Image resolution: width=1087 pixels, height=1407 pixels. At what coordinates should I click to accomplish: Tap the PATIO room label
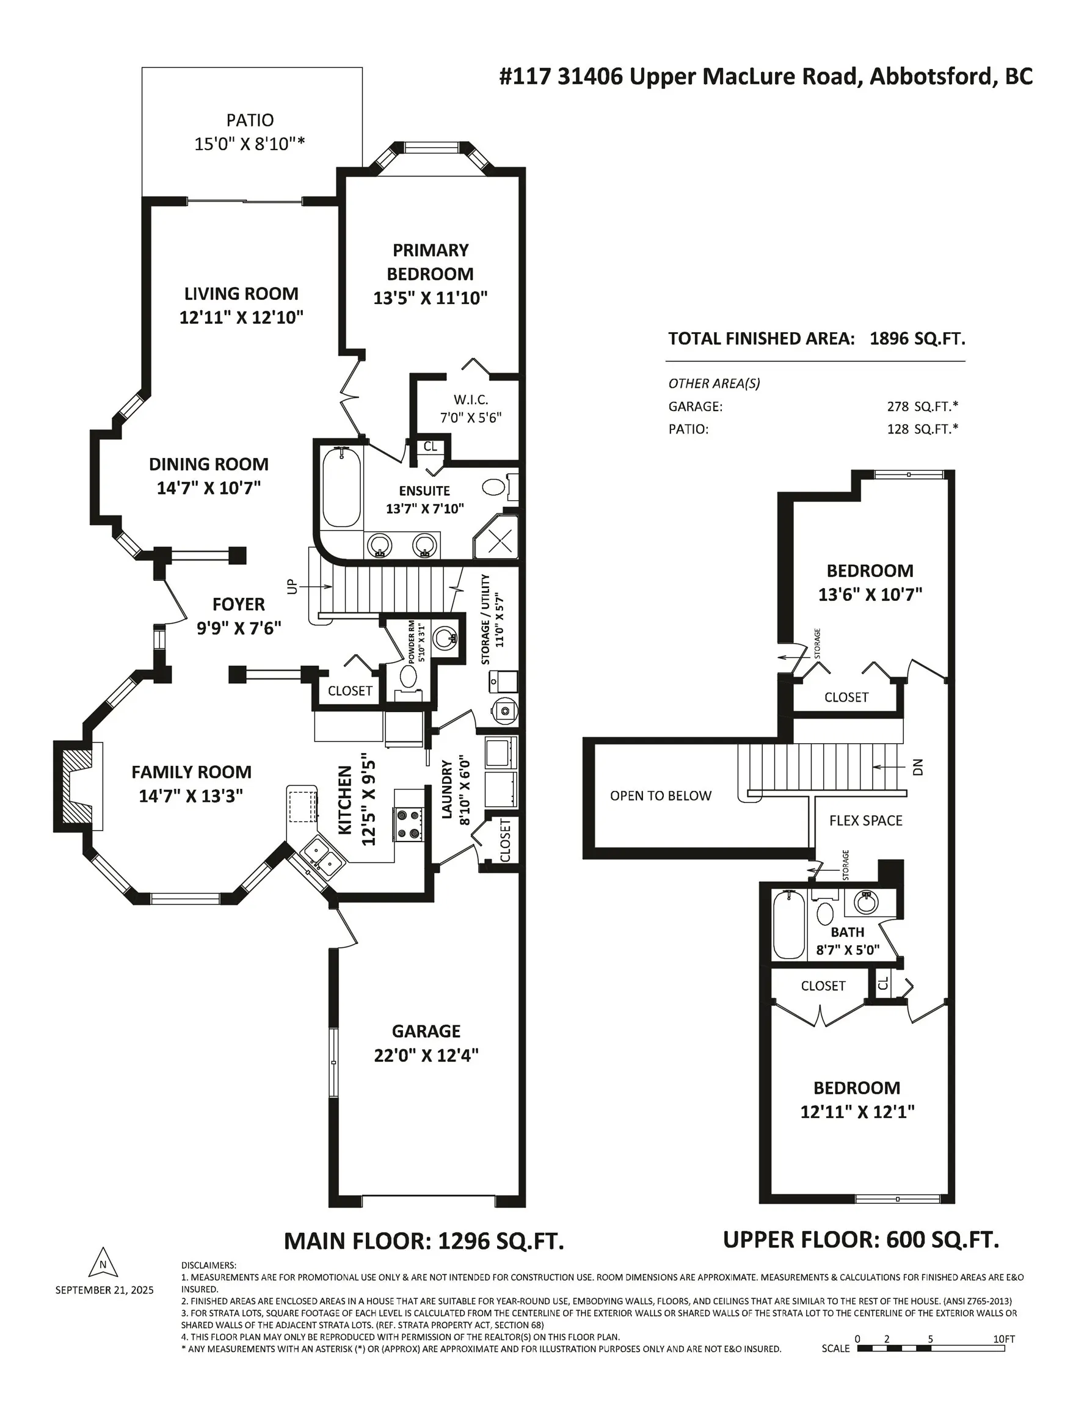pyautogui.click(x=250, y=120)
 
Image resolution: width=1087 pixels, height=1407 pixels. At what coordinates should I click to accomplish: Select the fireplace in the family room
pyautogui.click(x=78, y=786)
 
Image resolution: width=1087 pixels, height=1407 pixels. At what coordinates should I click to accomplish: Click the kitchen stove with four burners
pyautogui.click(x=409, y=824)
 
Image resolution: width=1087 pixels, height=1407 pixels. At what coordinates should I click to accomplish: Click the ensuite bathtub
pyautogui.click(x=341, y=488)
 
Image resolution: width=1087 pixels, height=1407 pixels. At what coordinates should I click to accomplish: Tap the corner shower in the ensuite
pyautogui.click(x=495, y=536)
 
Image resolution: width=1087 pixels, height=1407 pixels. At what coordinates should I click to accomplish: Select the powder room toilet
pyautogui.click(x=409, y=677)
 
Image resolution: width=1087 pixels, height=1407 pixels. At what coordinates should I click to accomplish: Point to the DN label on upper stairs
pyautogui.click(x=918, y=766)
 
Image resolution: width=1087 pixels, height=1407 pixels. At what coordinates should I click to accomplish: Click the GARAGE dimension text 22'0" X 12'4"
pyautogui.click(x=426, y=1055)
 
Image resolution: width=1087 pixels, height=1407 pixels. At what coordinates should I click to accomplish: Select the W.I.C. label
pyautogui.click(x=471, y=400)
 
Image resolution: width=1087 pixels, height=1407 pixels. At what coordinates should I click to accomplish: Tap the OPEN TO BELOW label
pyautogui.click(x=661, y=796)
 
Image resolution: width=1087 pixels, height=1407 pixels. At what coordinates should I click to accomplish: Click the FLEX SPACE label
pyautogui.click(x=865, y=820)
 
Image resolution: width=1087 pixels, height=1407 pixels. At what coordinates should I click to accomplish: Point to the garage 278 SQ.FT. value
pyautogui.click(x=922, y=407)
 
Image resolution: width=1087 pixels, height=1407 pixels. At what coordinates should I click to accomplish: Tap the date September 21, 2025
pyautogui.click(x=104, y=1290)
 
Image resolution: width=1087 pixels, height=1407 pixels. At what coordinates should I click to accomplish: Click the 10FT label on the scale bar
pyautogui.click(x=1004, y=1339)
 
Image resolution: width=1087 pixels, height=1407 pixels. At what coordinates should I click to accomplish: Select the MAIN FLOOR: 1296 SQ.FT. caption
pyautogui.click(x=424, y=1241)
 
